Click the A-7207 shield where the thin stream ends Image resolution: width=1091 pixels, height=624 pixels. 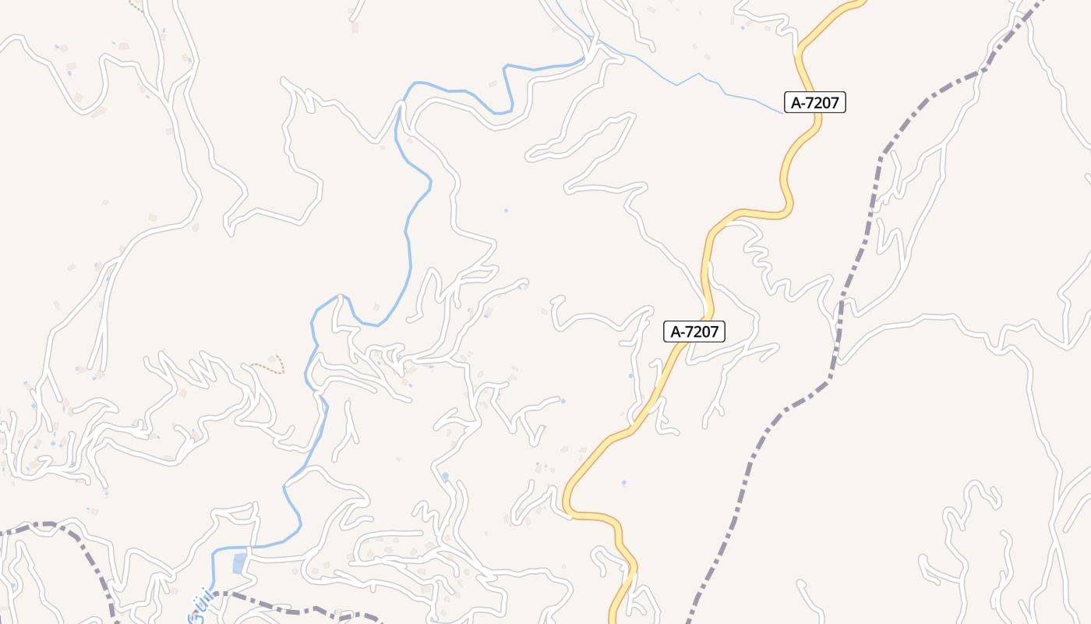814,102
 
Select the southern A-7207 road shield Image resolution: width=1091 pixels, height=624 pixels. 694,331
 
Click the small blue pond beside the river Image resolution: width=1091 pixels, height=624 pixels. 239,562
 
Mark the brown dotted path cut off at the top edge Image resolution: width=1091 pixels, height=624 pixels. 136,6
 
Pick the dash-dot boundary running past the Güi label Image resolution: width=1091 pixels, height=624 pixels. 296,608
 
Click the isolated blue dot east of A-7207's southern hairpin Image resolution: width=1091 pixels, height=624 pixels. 623,484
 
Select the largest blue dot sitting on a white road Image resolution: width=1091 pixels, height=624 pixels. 445,476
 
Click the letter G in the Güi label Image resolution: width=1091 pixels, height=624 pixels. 195,617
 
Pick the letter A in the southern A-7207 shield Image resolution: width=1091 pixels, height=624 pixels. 676,331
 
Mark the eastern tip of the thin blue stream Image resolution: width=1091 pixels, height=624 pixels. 782,113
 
